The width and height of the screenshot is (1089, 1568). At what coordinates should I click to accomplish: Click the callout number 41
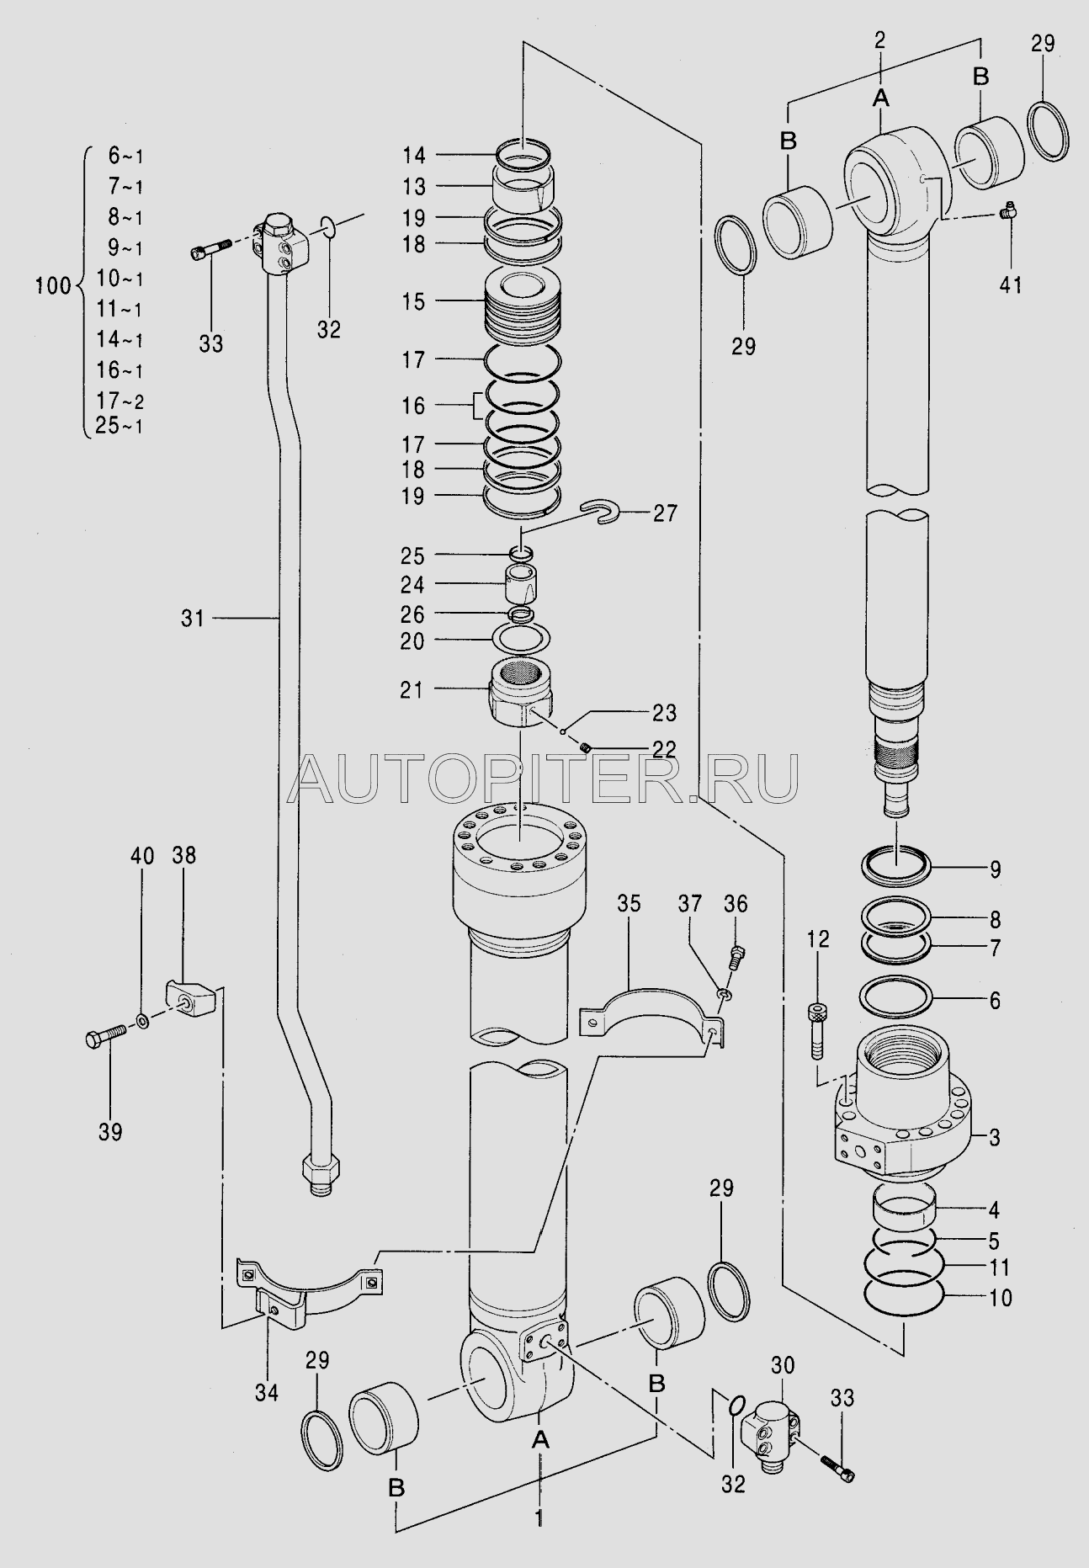pyautogui.click(x=1010, y=284)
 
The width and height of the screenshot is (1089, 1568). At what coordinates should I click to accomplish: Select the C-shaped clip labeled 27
pyautogui.click(x=600, y=513)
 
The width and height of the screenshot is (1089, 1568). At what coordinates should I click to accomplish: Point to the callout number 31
pyautogui.click(x=193, y=619)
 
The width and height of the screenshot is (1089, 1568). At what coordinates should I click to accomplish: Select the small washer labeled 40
pyautogui.click(x=144, y=1022)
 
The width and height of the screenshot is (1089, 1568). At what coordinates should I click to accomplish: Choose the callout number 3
pyautogui.click(x=994, y=1138)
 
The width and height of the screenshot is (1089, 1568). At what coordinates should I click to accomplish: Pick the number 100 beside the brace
pyautogui.click(x=54, y=285)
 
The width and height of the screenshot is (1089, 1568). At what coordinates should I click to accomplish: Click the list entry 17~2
pyautogui.click(x=119, y=401)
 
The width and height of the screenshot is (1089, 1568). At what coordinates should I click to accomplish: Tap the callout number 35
pyautogui.click(x=629, y=903)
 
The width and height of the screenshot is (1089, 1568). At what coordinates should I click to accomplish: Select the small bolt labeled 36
pyautogui.click(x=736, y=957)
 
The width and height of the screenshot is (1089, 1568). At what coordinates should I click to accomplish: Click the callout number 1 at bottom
pyautogui.click(x=539, y=1518)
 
